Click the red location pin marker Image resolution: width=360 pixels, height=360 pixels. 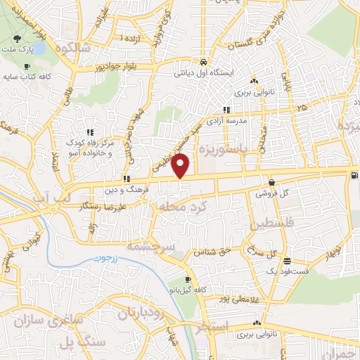(x=181, y=166)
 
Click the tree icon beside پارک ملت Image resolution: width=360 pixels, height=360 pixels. (x=16, y=37)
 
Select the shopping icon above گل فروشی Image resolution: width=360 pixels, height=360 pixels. (x=271, y=181)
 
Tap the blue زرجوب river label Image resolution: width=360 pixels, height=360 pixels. (x=108, y=259)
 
